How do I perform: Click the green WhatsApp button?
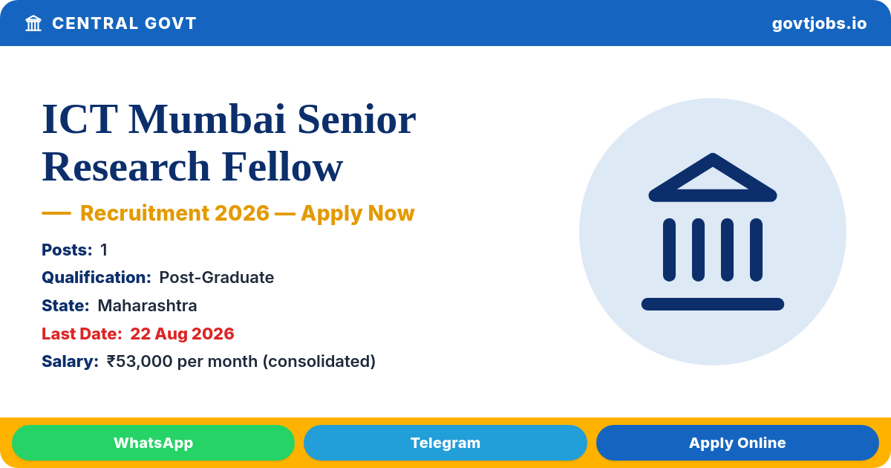click(x=153, y=443)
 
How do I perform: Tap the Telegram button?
click(x=445, y=443)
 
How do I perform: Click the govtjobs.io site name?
click(x=819, y=24)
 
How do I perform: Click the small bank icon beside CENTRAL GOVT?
click(x=33, y=23)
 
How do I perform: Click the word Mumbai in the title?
click(x=207, y=120)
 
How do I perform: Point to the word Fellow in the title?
click(x=282, y=166)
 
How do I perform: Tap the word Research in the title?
click(x=125, y=166)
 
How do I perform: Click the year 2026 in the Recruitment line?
click(x=242, y=213)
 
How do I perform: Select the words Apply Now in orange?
click(x=358, y=213)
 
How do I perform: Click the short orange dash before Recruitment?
click(x=56, y=213)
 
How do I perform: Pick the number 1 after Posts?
click(x=104, y=250)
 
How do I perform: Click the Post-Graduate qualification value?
click(x=216, y=277)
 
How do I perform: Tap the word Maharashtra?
click(x=147, y=305)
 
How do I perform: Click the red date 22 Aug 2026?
click(x=182, y=334)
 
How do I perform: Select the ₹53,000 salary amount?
click(x=140, y=361)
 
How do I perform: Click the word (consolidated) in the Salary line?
click(x=319, y=361)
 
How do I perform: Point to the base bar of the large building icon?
click(x=713, y=304)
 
